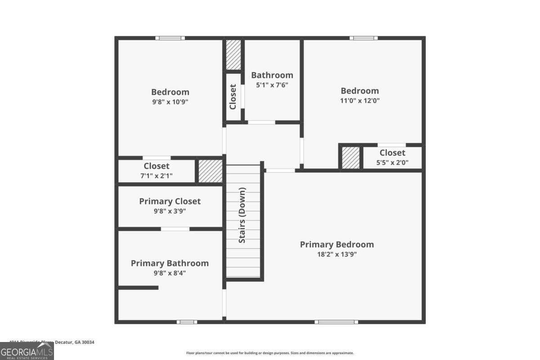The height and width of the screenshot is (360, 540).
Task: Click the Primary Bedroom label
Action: point(337,245)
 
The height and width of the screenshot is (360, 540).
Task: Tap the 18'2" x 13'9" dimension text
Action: point(337,254)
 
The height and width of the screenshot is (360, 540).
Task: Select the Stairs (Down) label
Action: point(242,215)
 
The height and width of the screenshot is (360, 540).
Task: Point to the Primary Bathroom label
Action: point(170,263)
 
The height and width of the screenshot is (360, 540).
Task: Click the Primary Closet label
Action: point(170,201)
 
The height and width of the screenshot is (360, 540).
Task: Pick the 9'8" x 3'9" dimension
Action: point(170,211)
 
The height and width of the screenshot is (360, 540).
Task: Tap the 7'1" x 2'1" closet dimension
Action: point(157,176)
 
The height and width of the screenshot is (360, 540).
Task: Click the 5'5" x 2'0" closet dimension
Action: point(392,163)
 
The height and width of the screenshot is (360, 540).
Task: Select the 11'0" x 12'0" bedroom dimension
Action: point(360,101)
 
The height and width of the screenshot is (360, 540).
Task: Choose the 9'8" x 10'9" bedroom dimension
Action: point(170,102)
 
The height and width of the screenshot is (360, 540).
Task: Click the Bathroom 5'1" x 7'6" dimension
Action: point(272,85)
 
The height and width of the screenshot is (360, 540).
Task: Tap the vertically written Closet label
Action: point(233,97)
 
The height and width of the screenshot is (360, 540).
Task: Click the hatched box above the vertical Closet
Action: point(233,54)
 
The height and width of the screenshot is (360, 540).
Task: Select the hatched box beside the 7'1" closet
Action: point(210,171)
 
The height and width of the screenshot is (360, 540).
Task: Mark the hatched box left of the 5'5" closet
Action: point(351,158)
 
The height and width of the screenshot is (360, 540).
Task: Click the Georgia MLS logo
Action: point(27,351)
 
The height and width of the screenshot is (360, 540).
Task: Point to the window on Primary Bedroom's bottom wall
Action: point(336,322)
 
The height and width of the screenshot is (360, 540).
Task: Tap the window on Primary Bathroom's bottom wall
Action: point(187,322)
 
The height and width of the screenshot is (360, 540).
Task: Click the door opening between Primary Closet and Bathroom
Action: point(175,229)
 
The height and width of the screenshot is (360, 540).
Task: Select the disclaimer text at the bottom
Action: point(270,353)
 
